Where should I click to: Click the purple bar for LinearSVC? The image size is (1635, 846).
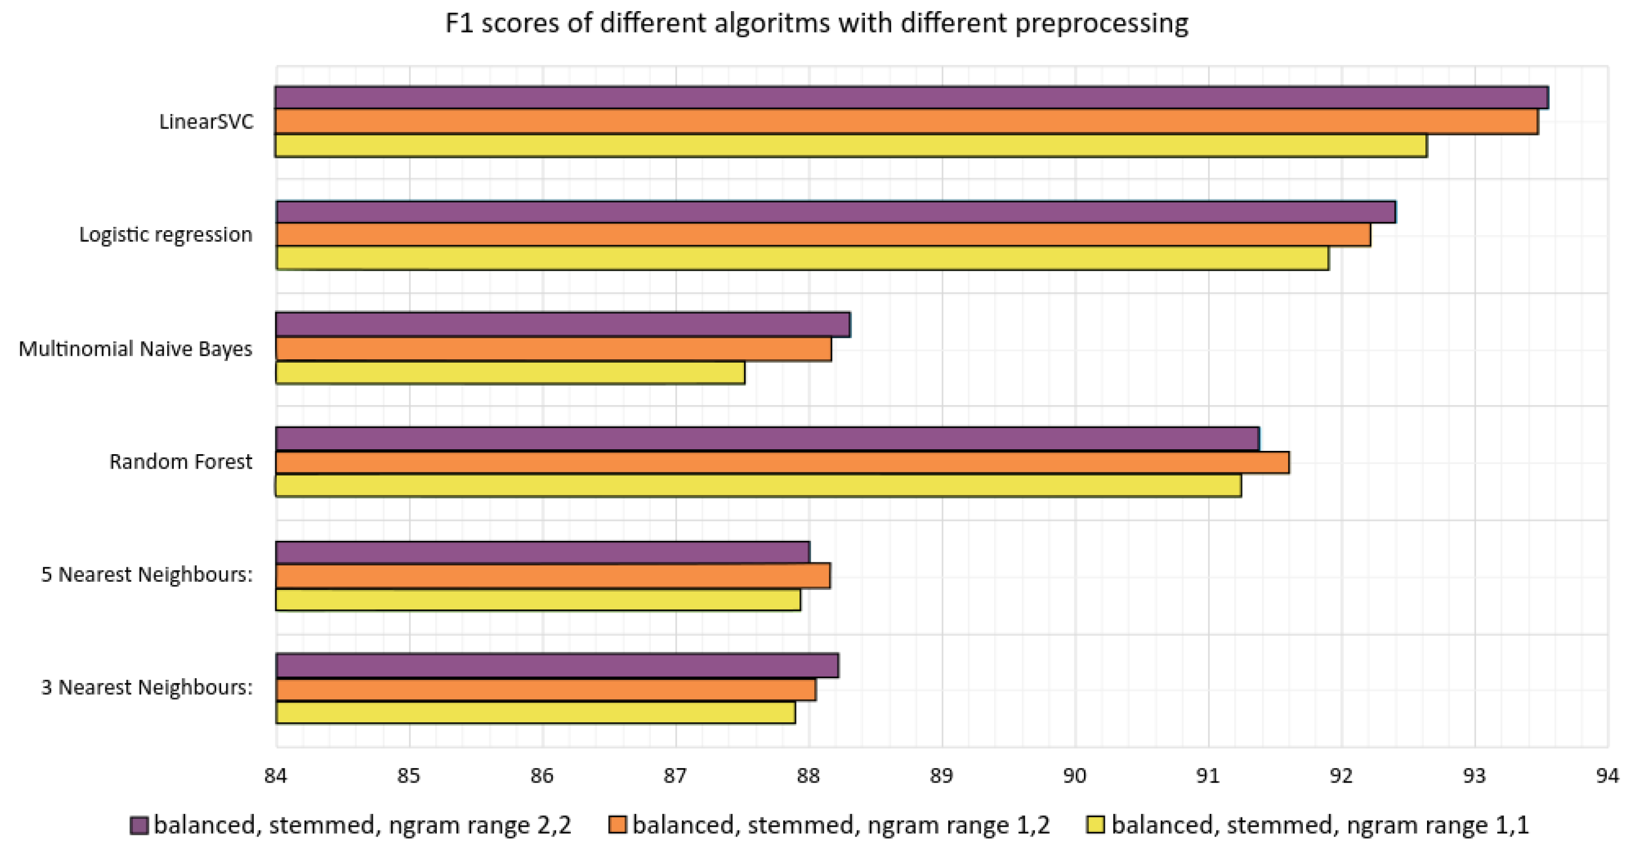(911, 98)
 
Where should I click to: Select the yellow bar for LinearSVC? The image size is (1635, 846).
(851, 146)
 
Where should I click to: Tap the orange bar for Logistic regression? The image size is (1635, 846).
(823, 235)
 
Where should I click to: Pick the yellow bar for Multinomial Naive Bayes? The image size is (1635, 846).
(510, 374)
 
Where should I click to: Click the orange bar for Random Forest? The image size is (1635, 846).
(782, 463)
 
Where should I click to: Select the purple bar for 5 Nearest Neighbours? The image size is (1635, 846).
(542, 552)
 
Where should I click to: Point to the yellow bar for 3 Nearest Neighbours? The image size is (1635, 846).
(535, 712)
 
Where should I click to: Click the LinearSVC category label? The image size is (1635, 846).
(206, 122)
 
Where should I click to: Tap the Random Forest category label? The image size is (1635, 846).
(180, 462)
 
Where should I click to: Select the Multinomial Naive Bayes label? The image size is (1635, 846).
(135, 349)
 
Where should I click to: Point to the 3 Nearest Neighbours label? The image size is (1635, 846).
(147, 688)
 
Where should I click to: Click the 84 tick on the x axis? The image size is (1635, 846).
(275, 776)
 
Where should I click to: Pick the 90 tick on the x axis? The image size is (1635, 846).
(1075, 776)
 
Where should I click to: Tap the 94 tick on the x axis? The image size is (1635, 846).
(1607, 776)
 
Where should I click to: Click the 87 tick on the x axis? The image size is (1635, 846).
(675, 776)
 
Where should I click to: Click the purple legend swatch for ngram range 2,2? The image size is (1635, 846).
(139, 826)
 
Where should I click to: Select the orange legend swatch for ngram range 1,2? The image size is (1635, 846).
(617, 826)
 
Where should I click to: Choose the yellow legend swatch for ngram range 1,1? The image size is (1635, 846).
(1096, 826)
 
